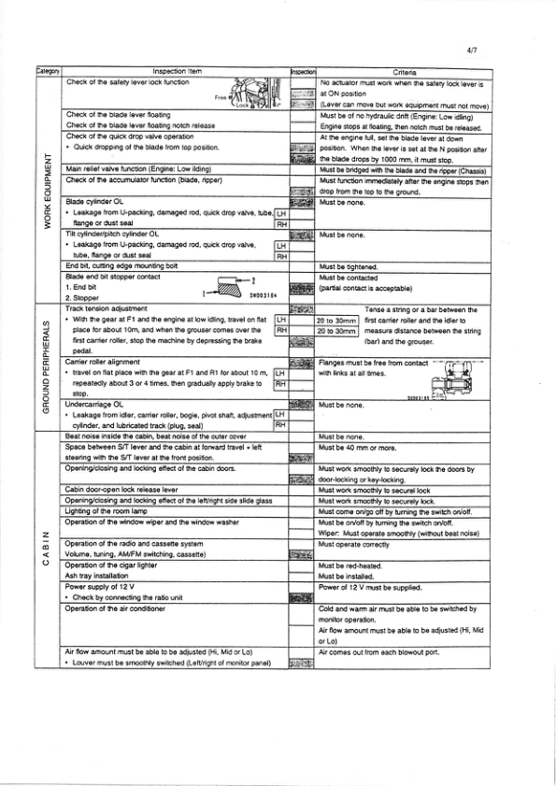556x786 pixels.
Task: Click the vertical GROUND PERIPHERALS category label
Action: click(x=46, y=368)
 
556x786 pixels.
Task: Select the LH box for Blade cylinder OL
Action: click(x=280, y=214)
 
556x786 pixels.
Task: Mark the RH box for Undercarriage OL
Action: click(x=280, y=425)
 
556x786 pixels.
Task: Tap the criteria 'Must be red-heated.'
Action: click(x=350, y=566)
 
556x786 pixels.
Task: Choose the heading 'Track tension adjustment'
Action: click(x=107, y=308)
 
